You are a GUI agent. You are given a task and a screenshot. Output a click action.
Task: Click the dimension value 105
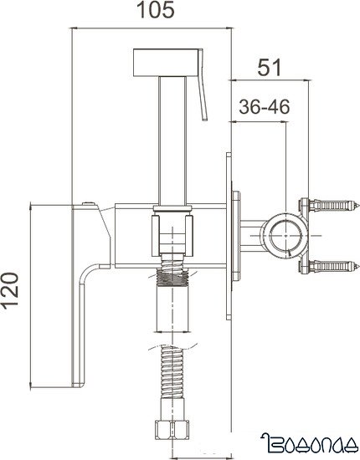[156, 11]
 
